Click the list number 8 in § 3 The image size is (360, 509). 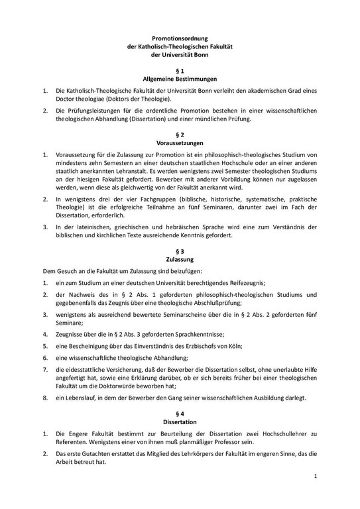pos(44,398)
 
